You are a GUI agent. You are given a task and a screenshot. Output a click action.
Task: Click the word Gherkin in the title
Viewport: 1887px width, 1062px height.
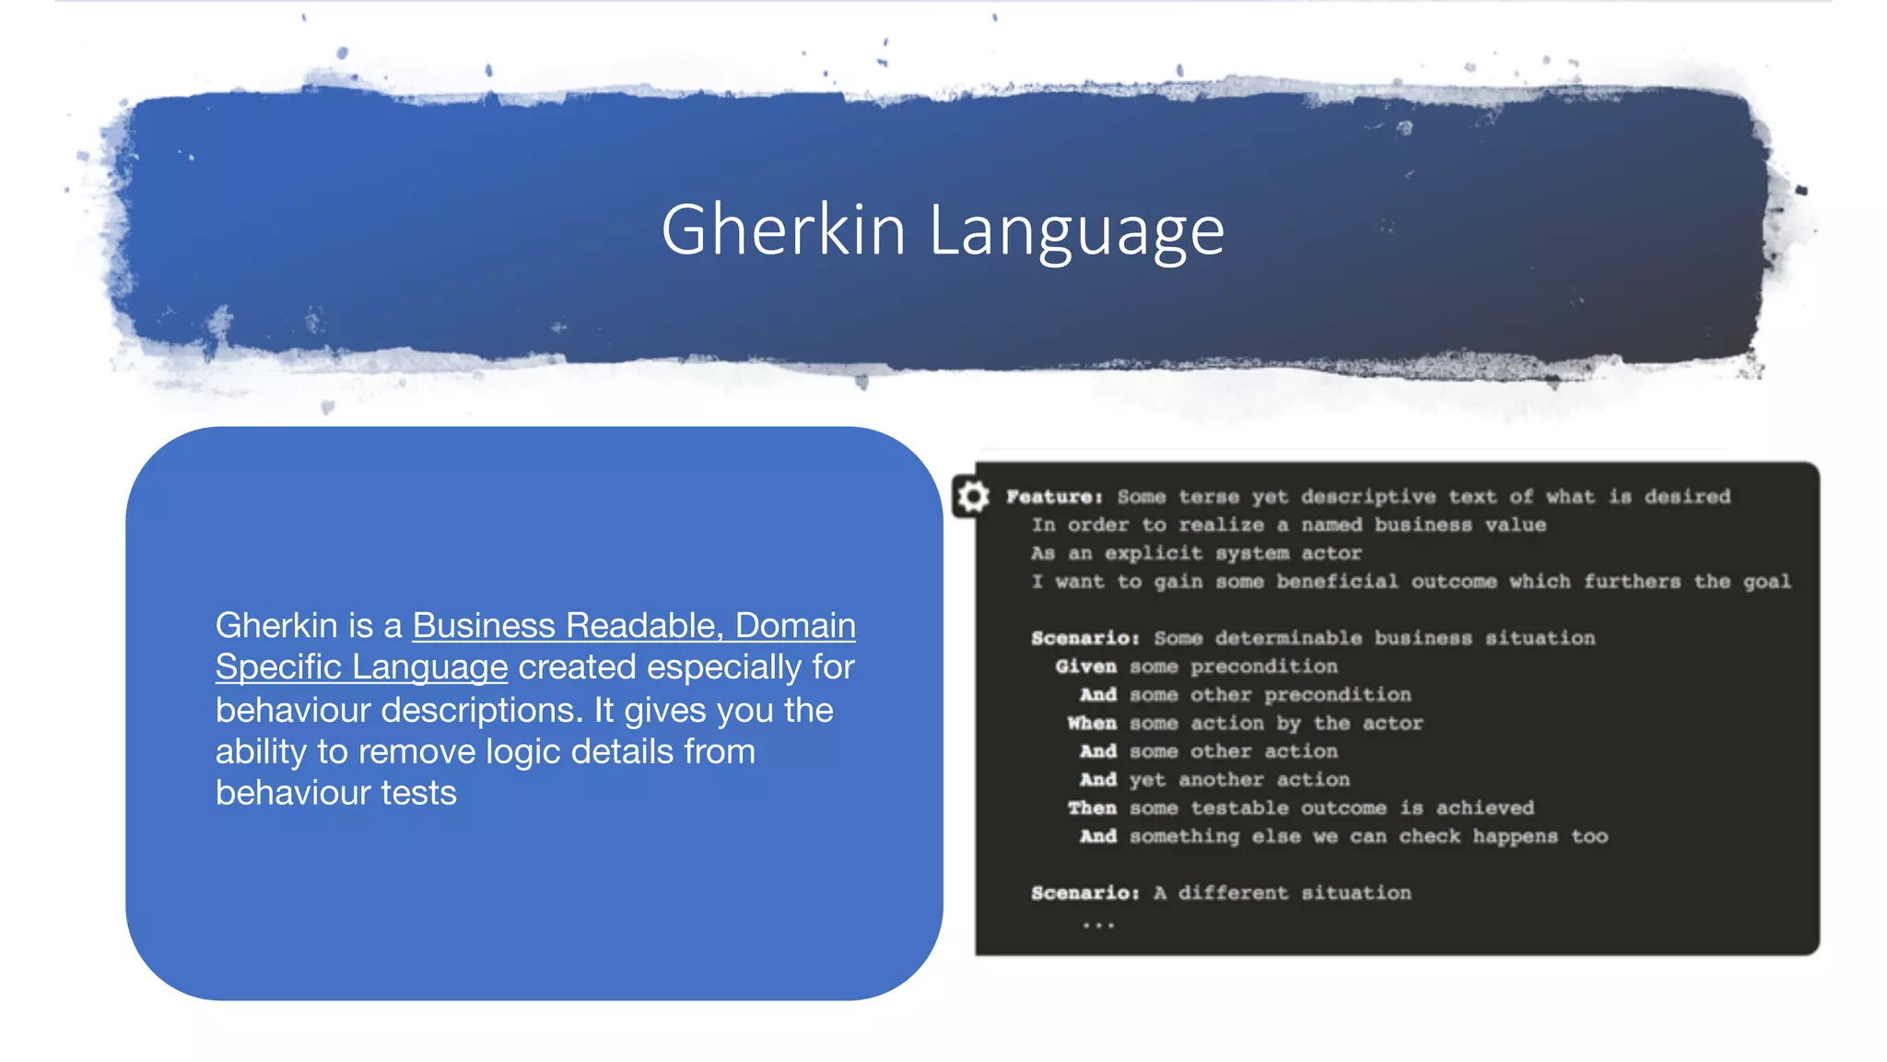click(x=783, y=230)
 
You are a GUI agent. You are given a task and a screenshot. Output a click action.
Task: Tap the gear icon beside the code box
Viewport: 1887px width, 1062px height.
click(x=972, y=497)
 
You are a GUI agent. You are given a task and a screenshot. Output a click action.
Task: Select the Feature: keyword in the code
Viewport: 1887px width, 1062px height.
click(x=1054, y=497)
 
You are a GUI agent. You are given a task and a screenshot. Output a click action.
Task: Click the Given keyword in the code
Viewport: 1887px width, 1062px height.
click(x=1085, y=667)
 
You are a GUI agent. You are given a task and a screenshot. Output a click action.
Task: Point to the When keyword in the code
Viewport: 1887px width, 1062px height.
click(x=1092, y=724)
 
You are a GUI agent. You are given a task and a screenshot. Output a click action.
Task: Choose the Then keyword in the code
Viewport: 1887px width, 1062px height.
click(x=1092, y=808)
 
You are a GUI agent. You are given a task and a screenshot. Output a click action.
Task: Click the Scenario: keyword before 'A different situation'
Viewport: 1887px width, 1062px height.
click(x=1084, y=893)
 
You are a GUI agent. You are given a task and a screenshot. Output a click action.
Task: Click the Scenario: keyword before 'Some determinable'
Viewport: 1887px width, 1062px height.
click(x=1084, y=638)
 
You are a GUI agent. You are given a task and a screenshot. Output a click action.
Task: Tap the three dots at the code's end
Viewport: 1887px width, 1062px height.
click(x=1098, y=925)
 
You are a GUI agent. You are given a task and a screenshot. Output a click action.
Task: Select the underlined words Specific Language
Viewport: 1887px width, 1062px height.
click(x=361, y=667)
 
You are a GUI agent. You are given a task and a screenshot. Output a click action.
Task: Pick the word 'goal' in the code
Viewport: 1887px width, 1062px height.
click(x=1766, y=582)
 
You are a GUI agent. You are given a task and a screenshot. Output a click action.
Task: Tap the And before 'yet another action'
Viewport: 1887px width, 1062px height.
click(x=1097, y=780)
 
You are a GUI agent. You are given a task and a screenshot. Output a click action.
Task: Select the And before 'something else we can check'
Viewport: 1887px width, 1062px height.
click(x=1097, y=837)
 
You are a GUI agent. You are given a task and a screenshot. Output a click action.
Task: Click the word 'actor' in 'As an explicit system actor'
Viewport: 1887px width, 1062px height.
click(x=1330, y=553)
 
